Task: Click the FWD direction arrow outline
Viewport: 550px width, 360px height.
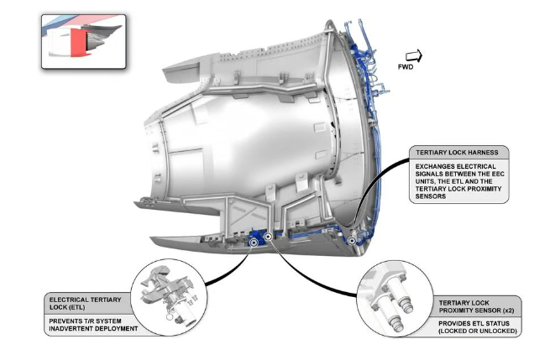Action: [413, 55]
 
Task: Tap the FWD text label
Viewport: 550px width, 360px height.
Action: [406, 68]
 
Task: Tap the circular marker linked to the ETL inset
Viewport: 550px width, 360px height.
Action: [254, 241]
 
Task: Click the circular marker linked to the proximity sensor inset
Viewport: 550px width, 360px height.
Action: [268, 237]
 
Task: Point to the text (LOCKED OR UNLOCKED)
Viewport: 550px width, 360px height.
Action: [477, 331]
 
